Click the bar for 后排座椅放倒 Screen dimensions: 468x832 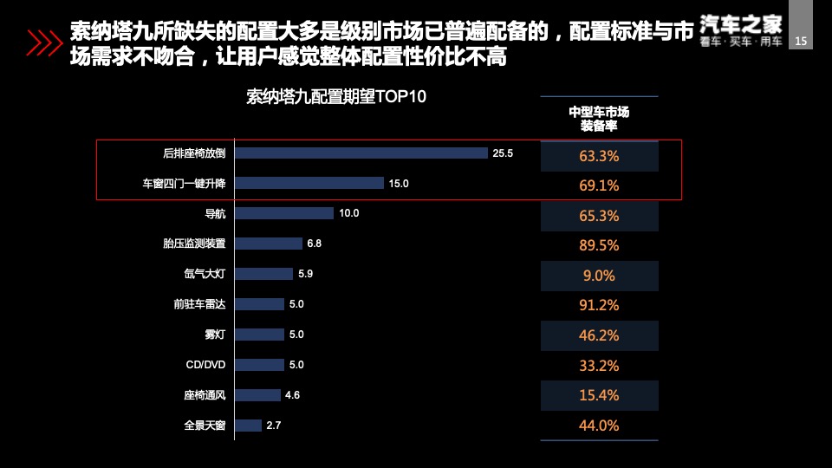click(x=361, y=153)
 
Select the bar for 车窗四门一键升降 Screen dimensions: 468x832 click(x=309, y=183)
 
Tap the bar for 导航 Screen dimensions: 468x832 click(x=283, y=213)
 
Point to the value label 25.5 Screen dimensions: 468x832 click(x=504, y=153)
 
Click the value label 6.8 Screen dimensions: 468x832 click(x=314, y=244)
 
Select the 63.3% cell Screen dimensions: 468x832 click(x=599, y=157)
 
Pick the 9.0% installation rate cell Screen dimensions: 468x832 click(x=599, y=276)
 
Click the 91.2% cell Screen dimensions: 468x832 click(x=599, y=305)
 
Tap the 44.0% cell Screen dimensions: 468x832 click(x=599, y=426)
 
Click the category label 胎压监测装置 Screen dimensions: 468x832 click(x=194, y=244)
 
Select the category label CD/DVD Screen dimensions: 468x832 click(x=205, y=365)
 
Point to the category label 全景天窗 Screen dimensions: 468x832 click(x=205, y=426)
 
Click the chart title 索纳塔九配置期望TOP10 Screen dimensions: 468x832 click(x=336, y=96)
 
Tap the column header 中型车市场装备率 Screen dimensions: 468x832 click(x=599, y=119)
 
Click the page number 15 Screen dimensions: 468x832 click(x=801, y=41)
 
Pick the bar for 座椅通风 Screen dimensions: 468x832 click(x=257, y=395)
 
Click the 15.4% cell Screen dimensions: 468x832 click(x=599, y=395)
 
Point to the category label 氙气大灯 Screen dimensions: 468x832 click(x=205, y=274)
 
